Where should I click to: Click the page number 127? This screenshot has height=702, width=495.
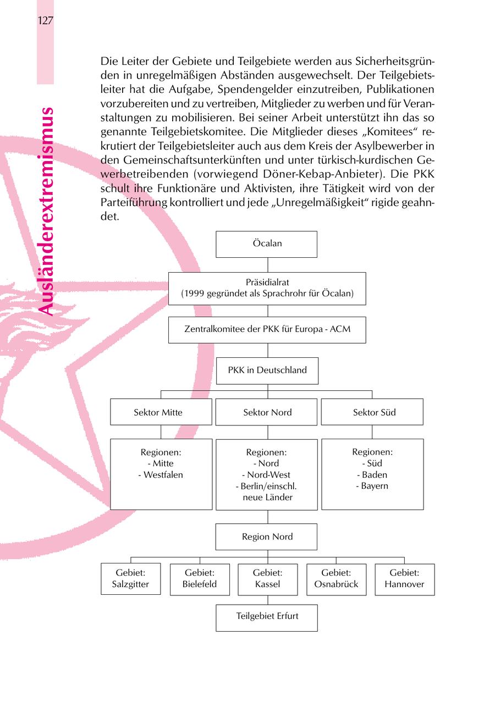pos(45,21)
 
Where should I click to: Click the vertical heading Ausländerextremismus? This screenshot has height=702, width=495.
pos(47,212)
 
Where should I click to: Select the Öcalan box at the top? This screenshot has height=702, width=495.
pos(267,244)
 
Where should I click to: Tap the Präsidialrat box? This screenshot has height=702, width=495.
pos(267,288)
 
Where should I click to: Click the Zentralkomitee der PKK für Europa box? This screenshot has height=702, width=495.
pos(267,330)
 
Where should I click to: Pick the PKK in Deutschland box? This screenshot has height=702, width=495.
pos(267,371)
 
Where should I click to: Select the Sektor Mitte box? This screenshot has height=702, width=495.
pos(161,412)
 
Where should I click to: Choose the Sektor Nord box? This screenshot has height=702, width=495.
pos(267,412)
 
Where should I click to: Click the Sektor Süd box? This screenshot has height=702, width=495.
pos(372,412)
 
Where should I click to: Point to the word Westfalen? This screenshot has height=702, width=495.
pos(163,475)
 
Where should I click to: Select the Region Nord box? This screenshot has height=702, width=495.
pos(267,537)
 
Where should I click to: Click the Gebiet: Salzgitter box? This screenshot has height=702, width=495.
pos(130,579)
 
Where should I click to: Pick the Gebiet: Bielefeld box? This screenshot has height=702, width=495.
pos(200,579)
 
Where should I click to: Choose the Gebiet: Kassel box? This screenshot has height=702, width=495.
pos(267,579)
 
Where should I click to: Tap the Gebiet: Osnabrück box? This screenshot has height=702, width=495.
pos(336,579)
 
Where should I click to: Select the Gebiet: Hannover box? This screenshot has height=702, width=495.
pos(404,579)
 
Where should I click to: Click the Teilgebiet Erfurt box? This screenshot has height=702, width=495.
pos(267,617)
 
